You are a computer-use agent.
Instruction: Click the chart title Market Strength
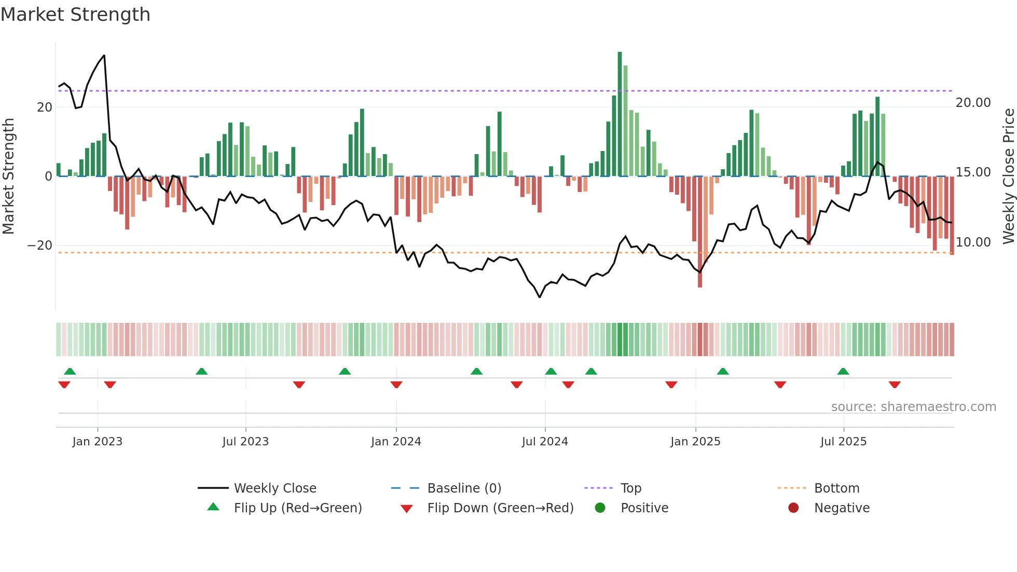tap(75, 15)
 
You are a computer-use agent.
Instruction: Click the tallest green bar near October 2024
tap(620, 114)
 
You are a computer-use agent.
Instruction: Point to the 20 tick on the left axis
tap(45, 107)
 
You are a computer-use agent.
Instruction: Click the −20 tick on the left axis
tap(40, 246)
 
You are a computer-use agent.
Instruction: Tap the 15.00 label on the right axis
tap(973, 172)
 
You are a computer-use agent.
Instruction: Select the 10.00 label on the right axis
tap(973, 242)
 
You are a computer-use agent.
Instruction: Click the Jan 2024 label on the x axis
tap(396, 442)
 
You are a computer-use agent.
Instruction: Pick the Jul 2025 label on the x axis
tap(843, 442)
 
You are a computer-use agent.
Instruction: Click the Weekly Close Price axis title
tap(1008, 176)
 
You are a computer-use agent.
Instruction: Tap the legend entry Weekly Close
tap(274, 488)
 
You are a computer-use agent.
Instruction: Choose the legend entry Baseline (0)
tap(464, 488)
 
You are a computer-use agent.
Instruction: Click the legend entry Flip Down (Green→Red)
tap(500, 508)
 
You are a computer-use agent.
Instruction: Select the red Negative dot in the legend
tap(793, 508)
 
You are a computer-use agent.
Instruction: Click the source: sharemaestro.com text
tap(913, 407)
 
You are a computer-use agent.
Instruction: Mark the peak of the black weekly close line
tap(104, 56)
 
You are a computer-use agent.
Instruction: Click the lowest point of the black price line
tap(540, 297)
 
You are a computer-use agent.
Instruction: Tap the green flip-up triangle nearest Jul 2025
tap(843, 371)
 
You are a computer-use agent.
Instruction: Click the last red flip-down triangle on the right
tap(895, 385)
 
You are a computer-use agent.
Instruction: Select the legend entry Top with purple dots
tap(631, 488)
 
